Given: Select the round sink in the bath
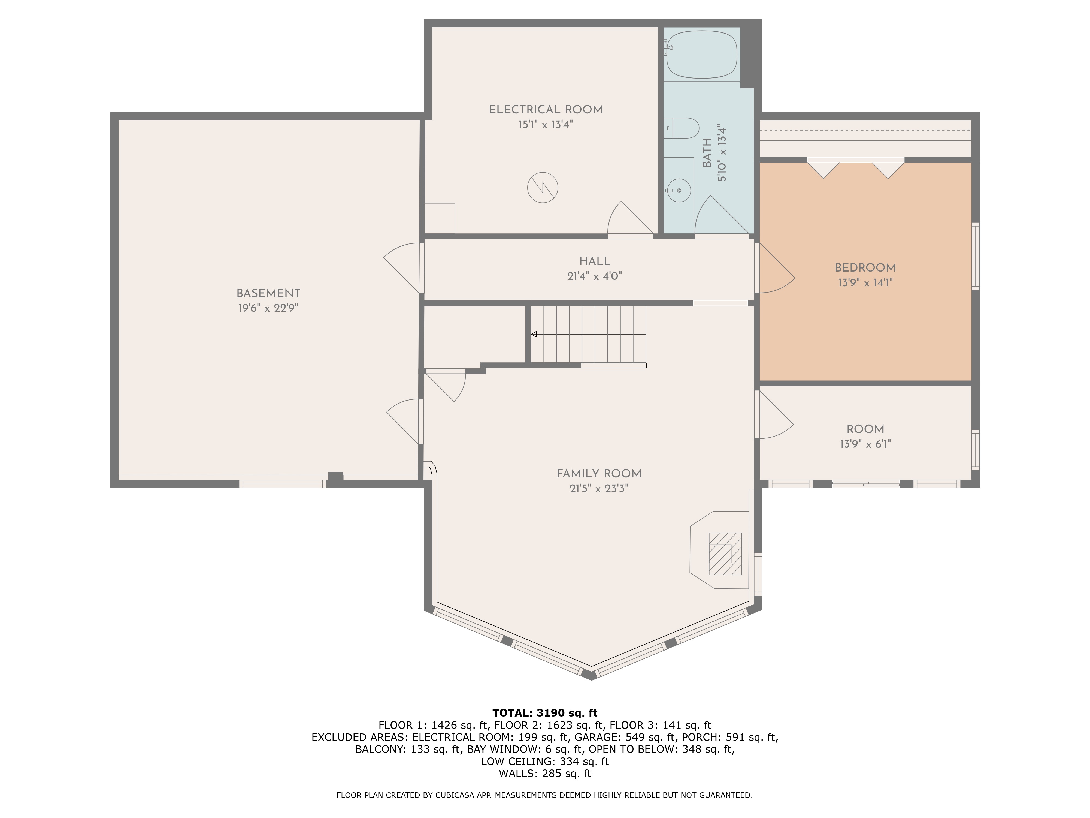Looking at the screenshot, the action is coord(679,190).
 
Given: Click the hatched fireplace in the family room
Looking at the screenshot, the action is coord(725,554).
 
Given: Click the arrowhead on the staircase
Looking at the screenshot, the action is coord(534,334).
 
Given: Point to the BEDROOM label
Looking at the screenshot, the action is coord(865,268).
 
